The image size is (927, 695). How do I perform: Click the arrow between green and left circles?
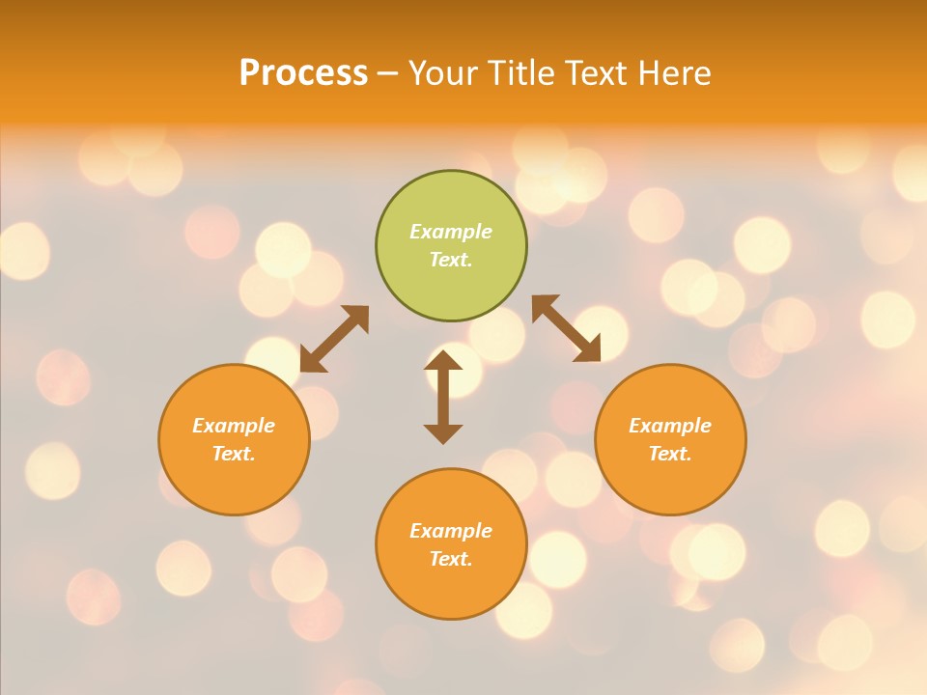coord(334,339)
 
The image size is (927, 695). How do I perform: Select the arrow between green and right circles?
coord(566,328)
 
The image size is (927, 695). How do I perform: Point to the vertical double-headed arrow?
coord(443,397)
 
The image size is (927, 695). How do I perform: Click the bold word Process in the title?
coord(303,73)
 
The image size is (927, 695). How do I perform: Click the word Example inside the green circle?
coord(451,232)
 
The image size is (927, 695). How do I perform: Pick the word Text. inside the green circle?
coord(451,260)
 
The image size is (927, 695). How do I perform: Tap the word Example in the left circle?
coord(234,426)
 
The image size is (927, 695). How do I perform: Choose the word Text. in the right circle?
coord(670,454)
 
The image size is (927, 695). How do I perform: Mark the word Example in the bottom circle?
coord(451,531)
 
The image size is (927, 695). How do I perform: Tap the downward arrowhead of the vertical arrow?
coord(443,434)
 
